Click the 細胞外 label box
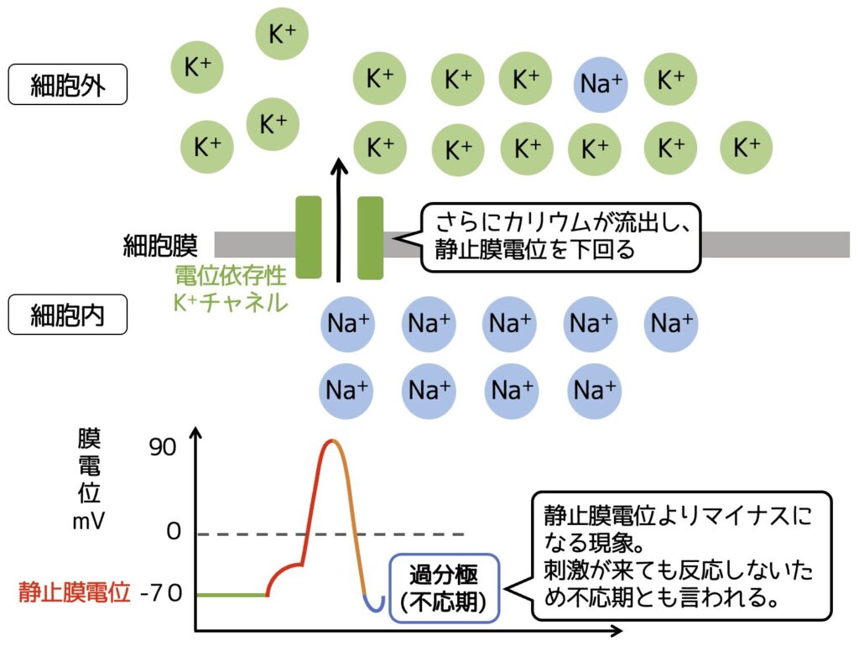click(67, 86)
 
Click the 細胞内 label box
click(67, 316)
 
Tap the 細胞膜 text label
click(159, 246)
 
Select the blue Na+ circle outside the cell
click(601, 83)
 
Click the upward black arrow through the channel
click(338, 218)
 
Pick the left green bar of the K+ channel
click(309, 237)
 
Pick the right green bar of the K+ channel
click(370, 237)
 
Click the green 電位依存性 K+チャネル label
click(231, 289)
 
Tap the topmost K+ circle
click(282, 34)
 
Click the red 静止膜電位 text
click(75, 594)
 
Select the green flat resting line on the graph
click(231, 595)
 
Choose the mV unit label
click(88, 521)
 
